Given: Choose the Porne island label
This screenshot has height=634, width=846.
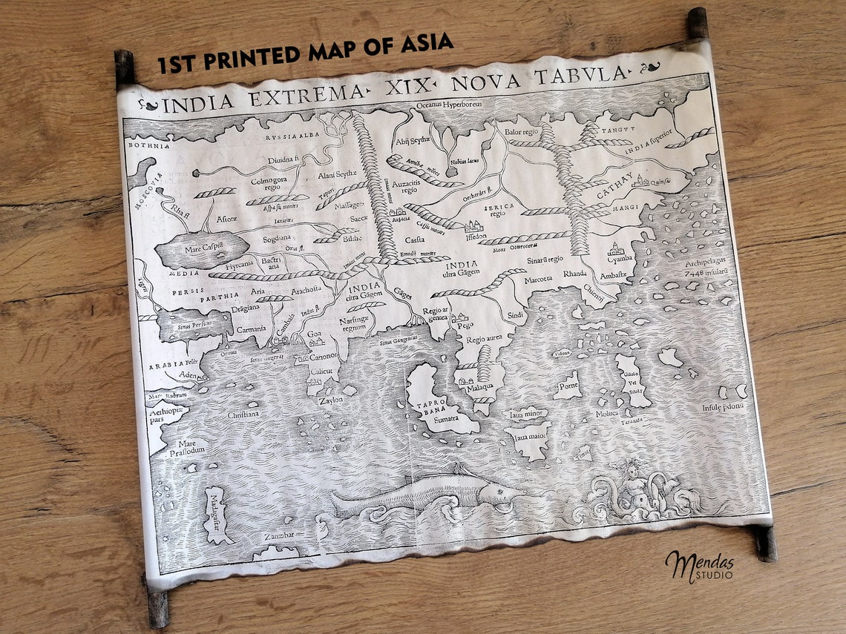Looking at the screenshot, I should tap(569, 386).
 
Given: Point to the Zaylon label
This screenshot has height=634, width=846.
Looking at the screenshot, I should tap(331, 400).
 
